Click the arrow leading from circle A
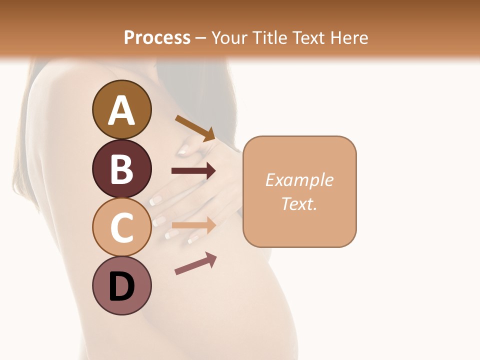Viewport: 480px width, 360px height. (195, 128)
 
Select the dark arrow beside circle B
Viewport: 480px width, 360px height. (193, 171)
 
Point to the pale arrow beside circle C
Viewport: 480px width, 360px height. (193, 225)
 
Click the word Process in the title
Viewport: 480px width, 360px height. (157, 37)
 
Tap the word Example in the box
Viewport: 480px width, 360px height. (299, 180)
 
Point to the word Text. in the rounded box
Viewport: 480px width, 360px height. (299, 203)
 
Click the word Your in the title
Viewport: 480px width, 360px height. (228, 37)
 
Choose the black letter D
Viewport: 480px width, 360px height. (121, 287)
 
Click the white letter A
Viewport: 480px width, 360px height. (121, 110)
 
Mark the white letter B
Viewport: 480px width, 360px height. (121, 168)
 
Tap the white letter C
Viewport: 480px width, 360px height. (121, 227)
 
